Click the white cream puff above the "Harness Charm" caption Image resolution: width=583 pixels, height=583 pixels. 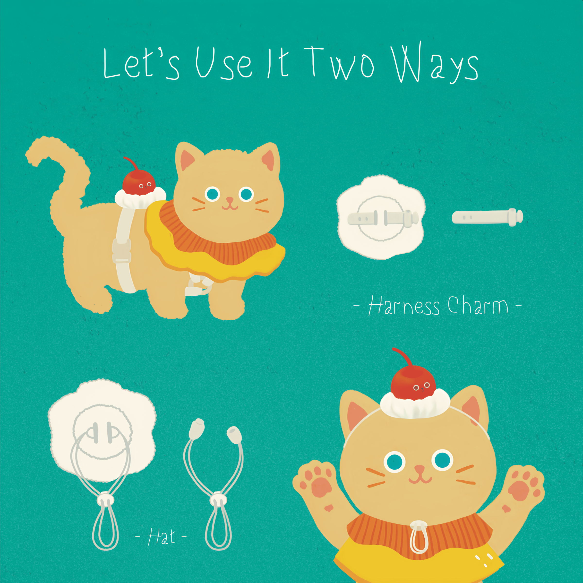click(x=381, y=217)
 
